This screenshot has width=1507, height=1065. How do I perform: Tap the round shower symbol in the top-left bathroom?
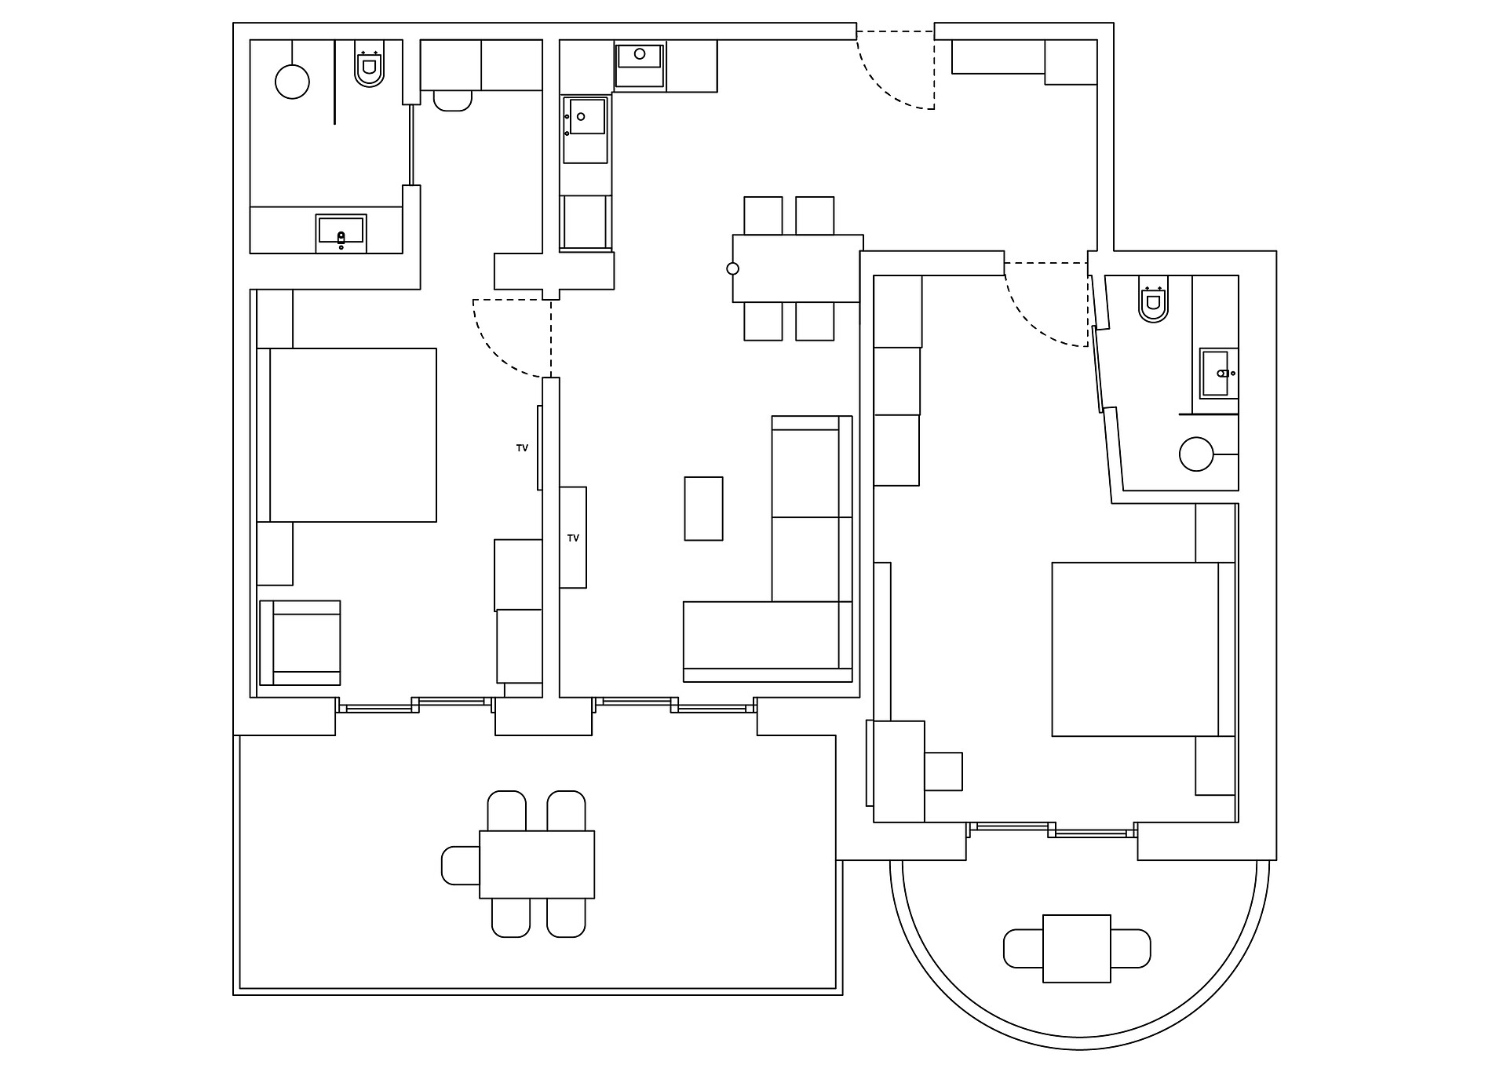coord(292,82)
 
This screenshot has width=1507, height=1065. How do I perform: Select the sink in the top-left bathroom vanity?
coord(341,233)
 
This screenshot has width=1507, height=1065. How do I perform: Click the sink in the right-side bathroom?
coord(1219,374)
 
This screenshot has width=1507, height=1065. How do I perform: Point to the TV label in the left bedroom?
coord(522,448)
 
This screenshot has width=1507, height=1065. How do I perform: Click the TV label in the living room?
coord(573,538)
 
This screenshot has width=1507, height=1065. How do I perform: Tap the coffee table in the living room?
coord(703,509)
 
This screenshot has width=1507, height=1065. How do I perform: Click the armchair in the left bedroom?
coord(300,644)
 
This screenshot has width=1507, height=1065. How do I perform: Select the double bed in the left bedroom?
coord(347,435)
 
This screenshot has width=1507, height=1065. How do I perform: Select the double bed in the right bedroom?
coord(1143,649)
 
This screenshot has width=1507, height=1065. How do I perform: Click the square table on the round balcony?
coord(1077,948)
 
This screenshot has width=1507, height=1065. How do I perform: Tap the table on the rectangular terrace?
coord(537,864)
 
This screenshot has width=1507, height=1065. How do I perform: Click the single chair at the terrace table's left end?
coord(461,865)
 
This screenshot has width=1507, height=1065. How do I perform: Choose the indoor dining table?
coord(797,268)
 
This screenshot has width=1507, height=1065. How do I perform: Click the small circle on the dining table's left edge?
coord(732,268)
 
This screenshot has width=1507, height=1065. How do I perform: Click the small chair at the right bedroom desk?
coord(943,771)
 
